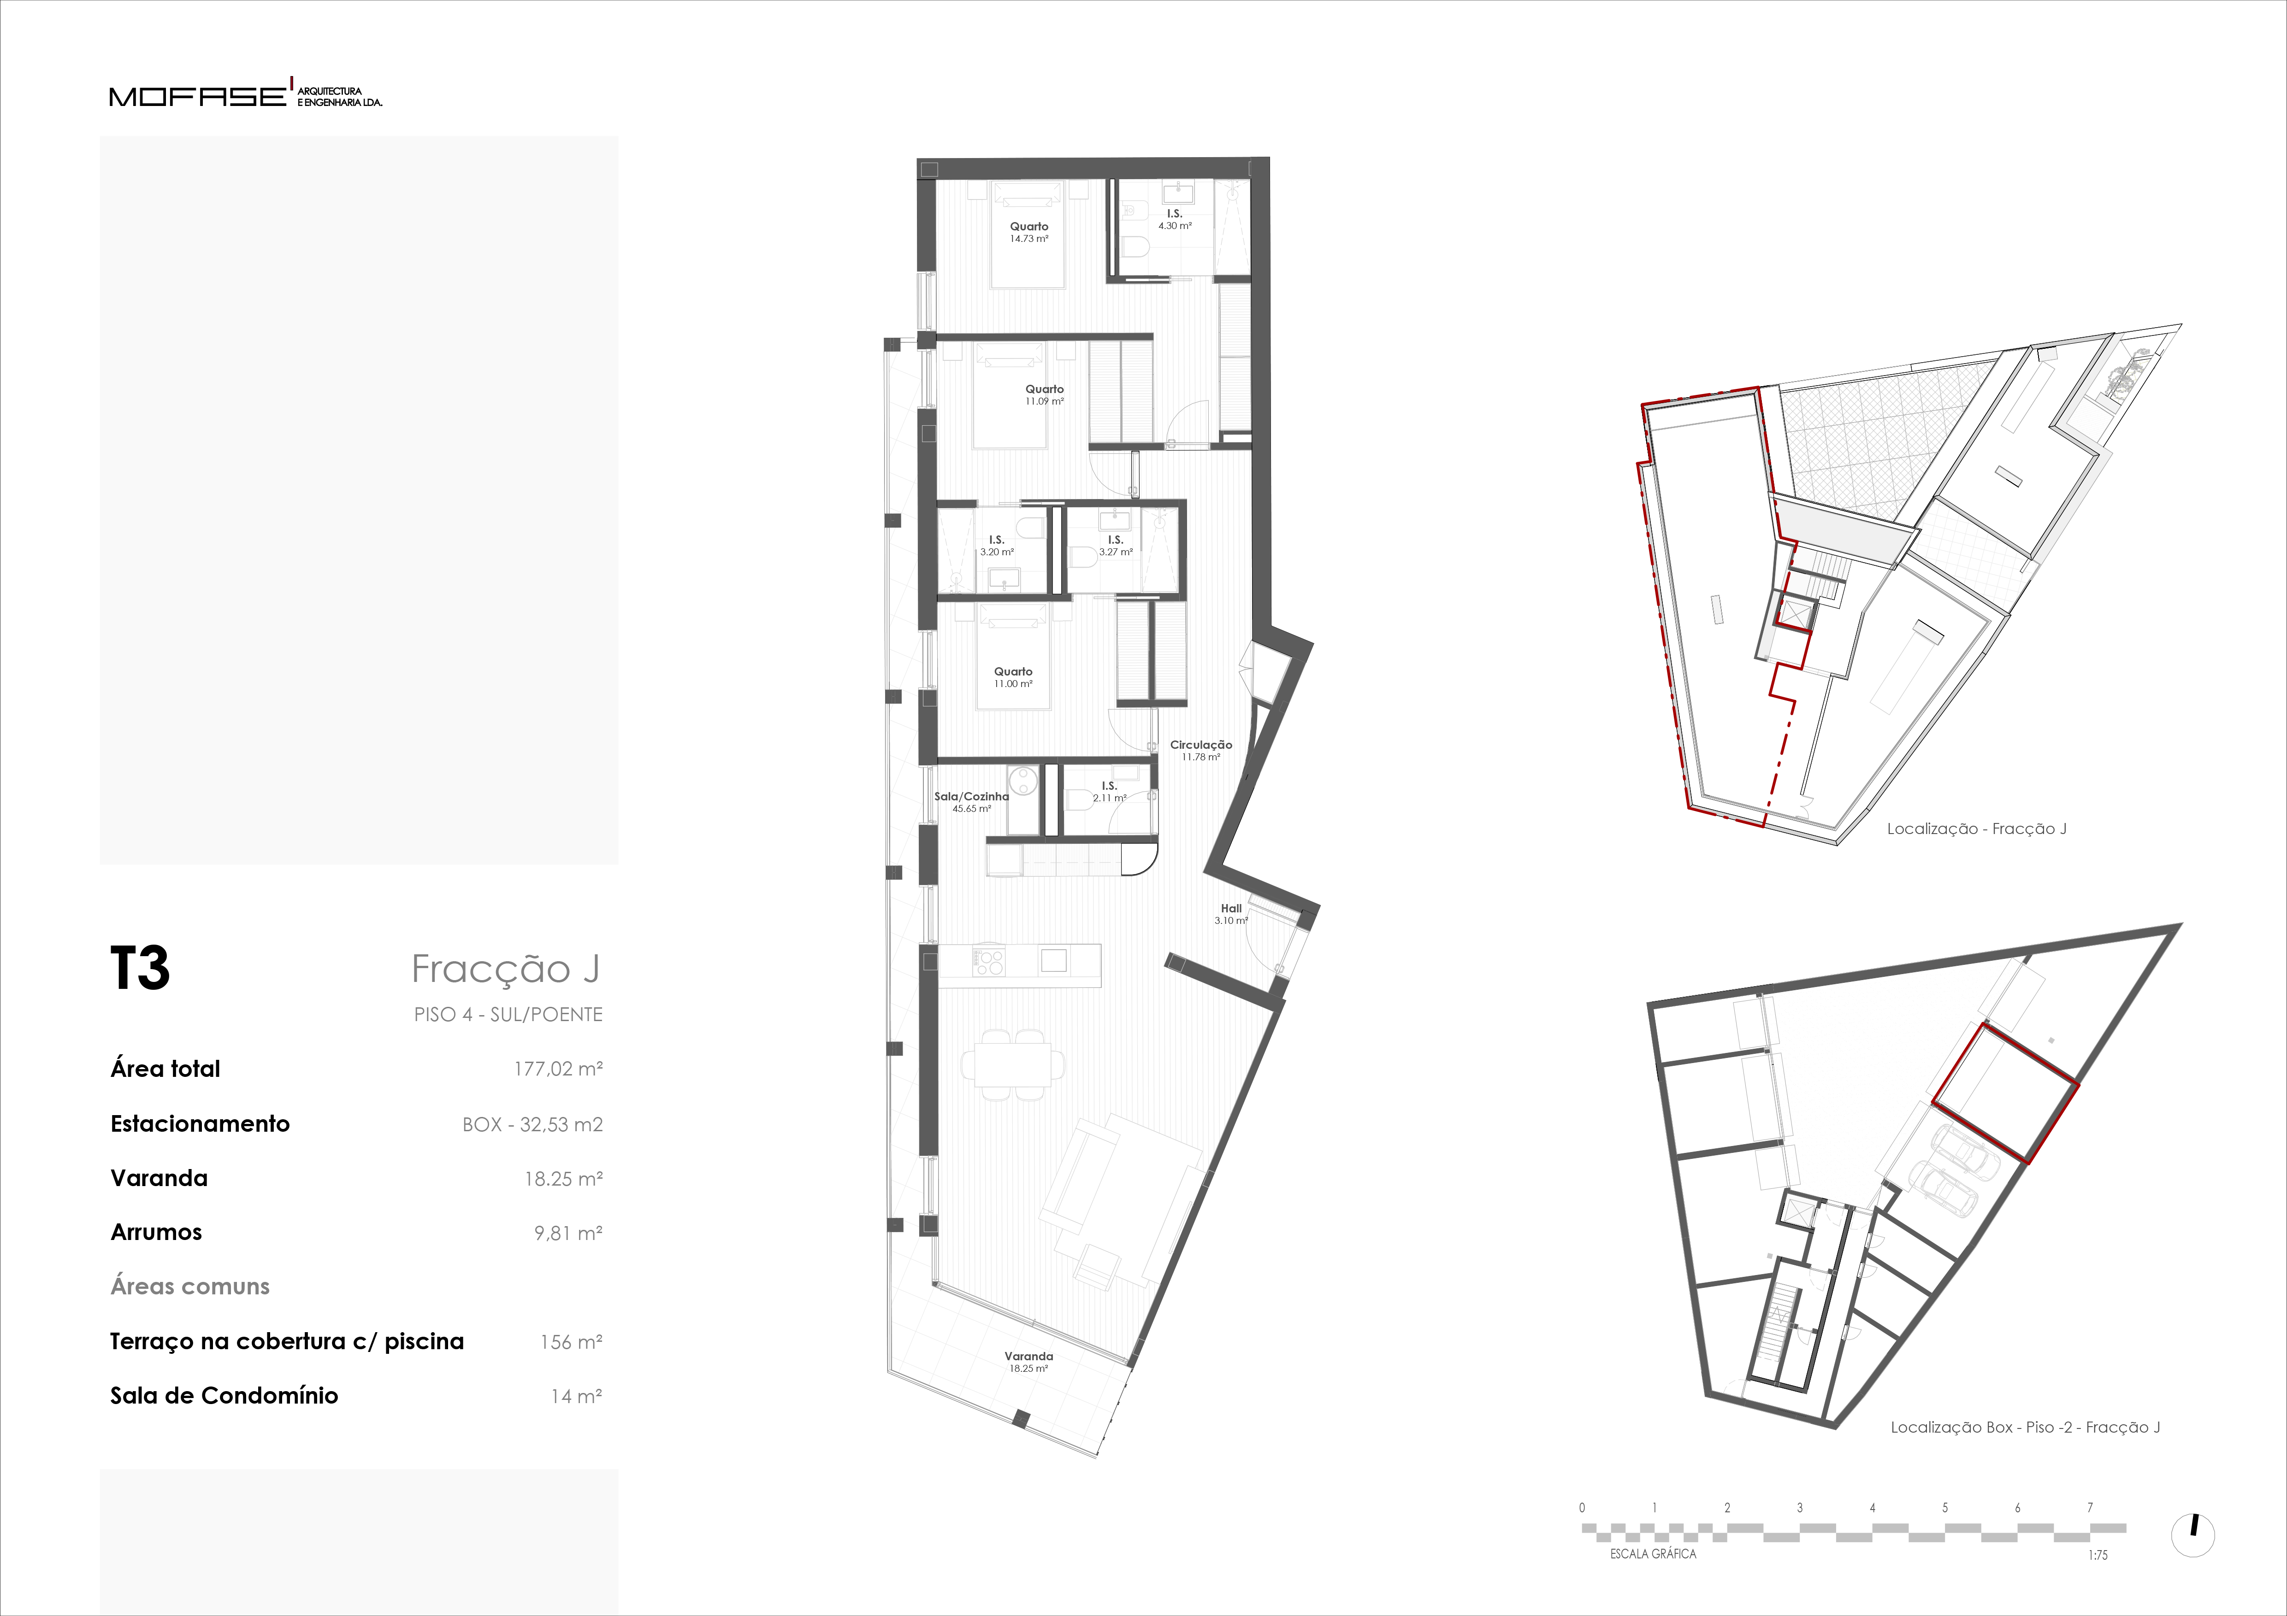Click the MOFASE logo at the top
pyautogui.click(x=245, y=94)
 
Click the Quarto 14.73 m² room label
pyautogui.click(x=1029, y=232)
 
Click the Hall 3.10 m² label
pyautogui.click(x=1231, y=914)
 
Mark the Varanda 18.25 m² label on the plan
pyautogui.click(x=1029, y=1362)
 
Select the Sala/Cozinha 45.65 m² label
pyautogui.click(x=971, y=803)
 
